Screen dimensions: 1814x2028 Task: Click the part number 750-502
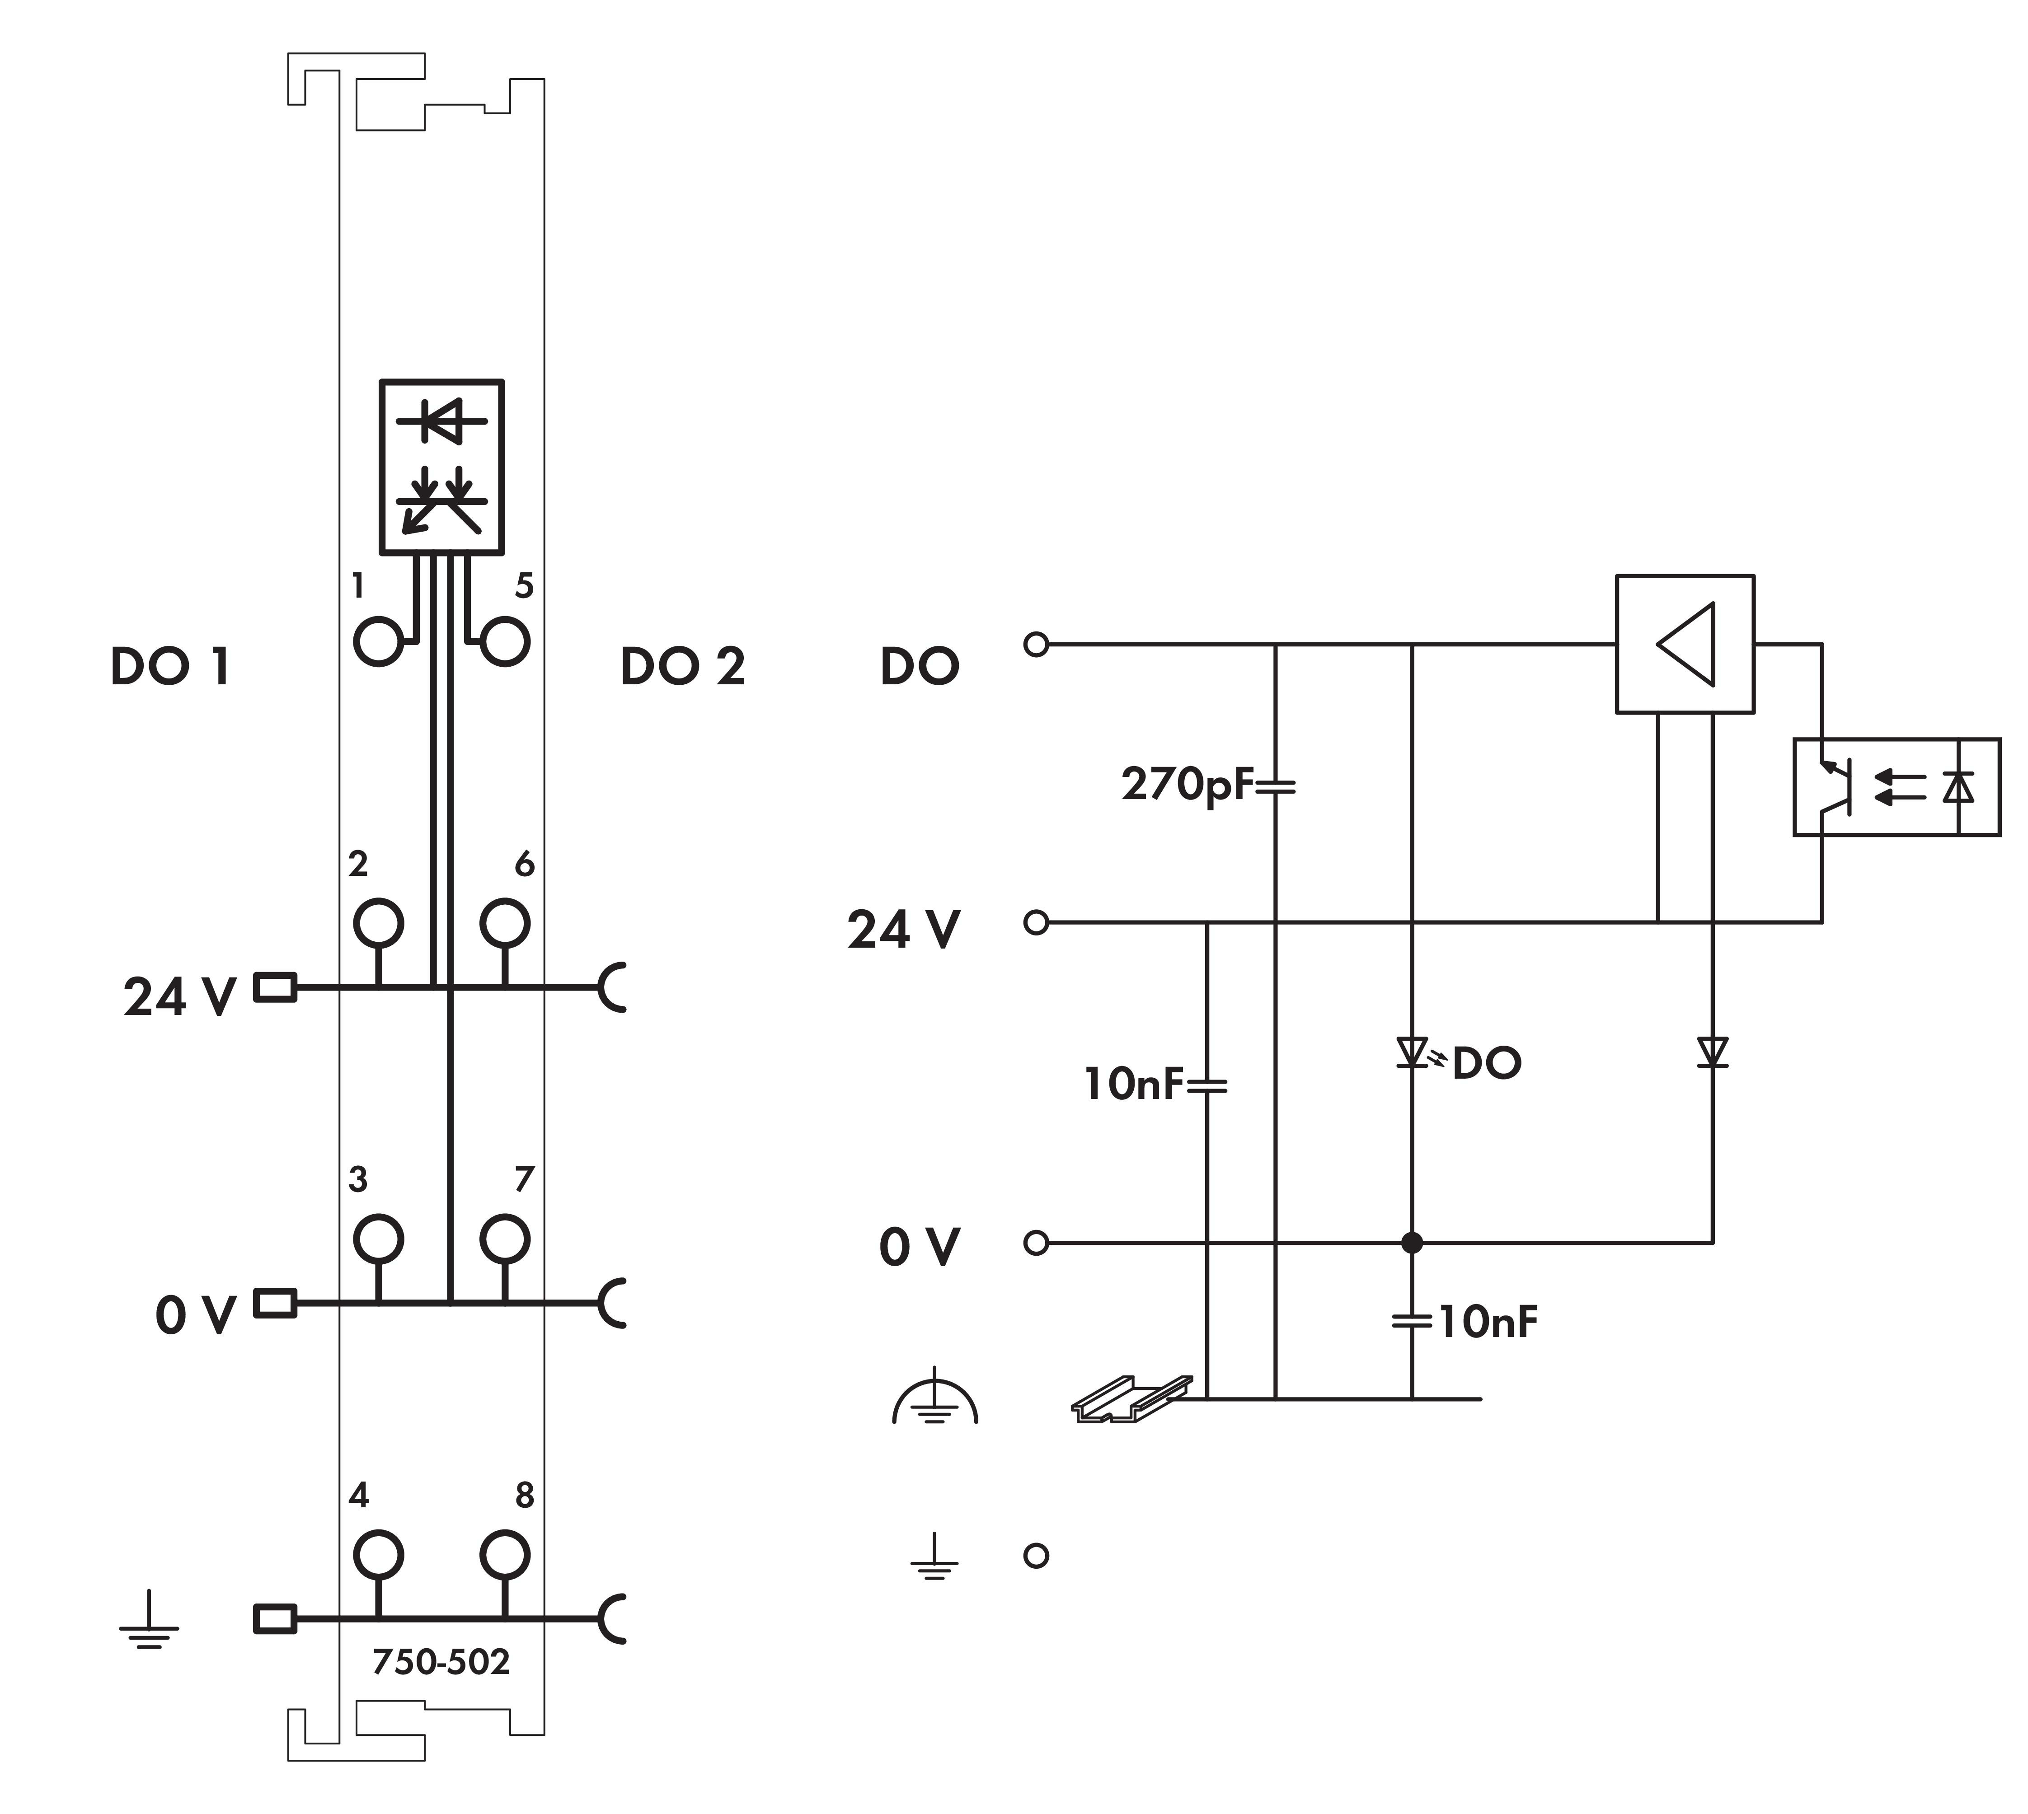tap(441, 1661)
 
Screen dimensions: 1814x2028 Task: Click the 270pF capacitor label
tap(1187, 785)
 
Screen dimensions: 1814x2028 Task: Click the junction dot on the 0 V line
tap(1411, 1243)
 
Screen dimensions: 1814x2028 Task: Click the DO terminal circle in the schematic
tap(1036, 645)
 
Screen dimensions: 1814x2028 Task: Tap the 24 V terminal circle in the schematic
tap(1036, 923)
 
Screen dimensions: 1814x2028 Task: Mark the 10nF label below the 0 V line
tap(1487, 1323)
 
